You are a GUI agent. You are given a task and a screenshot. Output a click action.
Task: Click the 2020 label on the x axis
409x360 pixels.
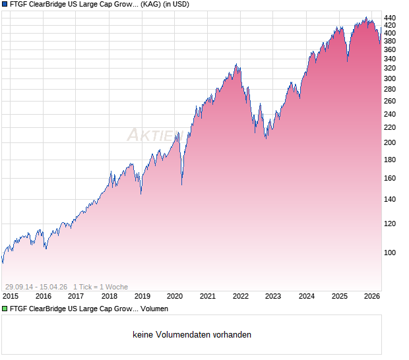tap(175, 296)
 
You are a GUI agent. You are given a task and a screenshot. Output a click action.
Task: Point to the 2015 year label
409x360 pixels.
tap(10, 296)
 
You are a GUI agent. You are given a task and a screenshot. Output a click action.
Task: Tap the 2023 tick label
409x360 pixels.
tap(273, 296)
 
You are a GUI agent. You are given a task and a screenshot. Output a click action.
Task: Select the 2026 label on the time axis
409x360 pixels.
tap(372, 296)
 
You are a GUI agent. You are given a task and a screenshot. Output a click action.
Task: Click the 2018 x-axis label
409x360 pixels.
tap(109, 296)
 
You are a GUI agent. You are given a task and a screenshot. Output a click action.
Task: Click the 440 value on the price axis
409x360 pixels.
tap(390, 18)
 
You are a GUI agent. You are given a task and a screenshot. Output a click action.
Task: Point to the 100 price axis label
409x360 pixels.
tap(390, 253)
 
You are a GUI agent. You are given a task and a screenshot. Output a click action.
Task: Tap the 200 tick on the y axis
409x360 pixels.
tap(390, 142)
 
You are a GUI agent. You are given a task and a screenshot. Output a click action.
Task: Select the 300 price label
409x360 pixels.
tap(390, 78)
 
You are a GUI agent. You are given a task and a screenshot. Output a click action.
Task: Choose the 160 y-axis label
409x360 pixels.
tap(390, 178)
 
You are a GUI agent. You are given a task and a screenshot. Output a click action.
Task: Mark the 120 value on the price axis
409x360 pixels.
tap(390, 224)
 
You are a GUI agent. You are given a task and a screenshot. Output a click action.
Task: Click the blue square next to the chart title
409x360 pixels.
tap(5, 5)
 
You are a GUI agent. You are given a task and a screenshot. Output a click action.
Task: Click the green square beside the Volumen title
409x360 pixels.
tap(5, 309)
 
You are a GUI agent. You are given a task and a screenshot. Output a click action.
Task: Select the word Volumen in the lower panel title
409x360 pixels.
tap(154, 309)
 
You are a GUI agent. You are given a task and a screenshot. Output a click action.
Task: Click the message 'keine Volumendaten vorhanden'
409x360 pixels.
tap(192, 335)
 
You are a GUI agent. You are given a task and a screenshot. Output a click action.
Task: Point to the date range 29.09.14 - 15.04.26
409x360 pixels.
tap(36, 287)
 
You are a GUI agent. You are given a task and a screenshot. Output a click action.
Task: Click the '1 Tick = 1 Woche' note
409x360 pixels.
tap(100, 287)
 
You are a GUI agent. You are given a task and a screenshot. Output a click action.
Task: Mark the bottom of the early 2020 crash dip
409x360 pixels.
tap(181, 184)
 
